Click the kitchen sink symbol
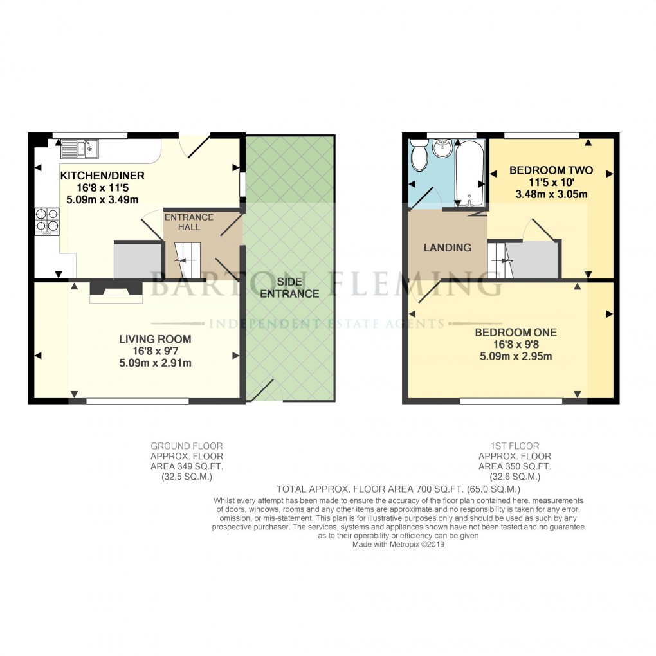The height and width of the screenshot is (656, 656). [x=78, y=149]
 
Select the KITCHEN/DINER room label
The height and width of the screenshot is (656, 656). [x=102, y=176]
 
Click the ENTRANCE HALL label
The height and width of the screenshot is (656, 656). [x=189, y=222]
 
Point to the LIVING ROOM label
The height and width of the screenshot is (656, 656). [x=155, y=339]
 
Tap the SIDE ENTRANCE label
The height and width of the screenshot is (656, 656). [x=289, y=288]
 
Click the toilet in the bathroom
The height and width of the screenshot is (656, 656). [x=419, y=156]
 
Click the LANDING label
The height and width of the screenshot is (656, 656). [x=448, y=248]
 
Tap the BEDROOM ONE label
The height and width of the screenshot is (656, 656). [x=516, y=333]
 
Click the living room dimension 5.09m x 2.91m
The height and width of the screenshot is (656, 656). [x=155, y=363]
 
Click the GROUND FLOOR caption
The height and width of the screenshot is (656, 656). [x=187, y=446]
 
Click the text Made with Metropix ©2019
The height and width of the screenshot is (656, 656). [x=399, y=544]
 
